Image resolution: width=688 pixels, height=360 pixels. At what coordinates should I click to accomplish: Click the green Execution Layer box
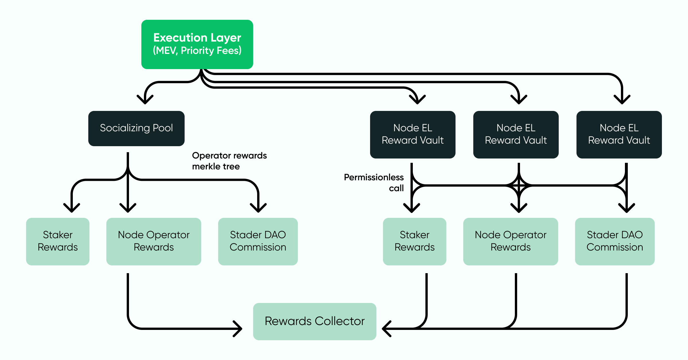pyautogui.click(x=197, y=44)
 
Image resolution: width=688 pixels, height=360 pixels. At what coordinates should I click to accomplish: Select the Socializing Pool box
pyautogui.click(x=136, y=128)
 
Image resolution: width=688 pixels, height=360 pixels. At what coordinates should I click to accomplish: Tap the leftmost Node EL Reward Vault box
pyautogui.click(x=413, y=134)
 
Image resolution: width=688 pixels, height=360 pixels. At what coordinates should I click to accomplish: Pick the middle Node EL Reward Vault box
pyautogui.click(x=516, y=134)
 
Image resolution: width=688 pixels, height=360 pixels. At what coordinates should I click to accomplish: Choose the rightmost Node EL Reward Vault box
pyautogui.click(x=619, y=134)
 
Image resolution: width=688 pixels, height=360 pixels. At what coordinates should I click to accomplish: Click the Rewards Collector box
pyautogui.click(x=314, y=321)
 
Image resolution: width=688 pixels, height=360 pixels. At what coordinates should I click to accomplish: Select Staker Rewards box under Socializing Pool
pyautogui.click(x=58, y=241)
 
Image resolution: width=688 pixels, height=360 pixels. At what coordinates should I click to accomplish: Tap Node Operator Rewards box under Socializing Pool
pyautogui.click(x=154, y=241)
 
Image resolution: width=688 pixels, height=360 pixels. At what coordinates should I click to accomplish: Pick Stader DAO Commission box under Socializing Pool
pyautogui.click(x=258, y=241)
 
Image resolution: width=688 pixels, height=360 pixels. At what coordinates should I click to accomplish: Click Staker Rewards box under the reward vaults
pyautogui.click(x=415, y=241)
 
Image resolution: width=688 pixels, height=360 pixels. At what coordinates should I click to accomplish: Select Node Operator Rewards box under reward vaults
pyautogui.click(x=511, y=241)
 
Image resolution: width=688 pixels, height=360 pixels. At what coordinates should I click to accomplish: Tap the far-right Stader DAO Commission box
pyautogui.click(x=615, y=241)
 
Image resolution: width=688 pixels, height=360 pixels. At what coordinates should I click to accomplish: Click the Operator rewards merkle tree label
pyautogui.click(x=229, y=161)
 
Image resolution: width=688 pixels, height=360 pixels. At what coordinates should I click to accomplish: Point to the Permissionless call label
pyautogui.click(x=374, y=183)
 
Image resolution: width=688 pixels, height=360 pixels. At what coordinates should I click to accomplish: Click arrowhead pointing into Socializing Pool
pyautogui.click(x=145, y=100)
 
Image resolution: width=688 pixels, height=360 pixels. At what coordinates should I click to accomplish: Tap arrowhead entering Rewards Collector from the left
pyautogui.click(x=238, y=328)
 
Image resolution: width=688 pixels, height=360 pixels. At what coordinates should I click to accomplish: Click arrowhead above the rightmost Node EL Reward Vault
pyautogui.click(x=622, y=100)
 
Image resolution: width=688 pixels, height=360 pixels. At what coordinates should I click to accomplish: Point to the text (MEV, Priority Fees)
pyautogui.click(x=197, y=51)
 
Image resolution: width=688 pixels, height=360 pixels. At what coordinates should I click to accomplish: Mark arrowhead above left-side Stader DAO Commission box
pyautogui.click(x=258, y=208)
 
